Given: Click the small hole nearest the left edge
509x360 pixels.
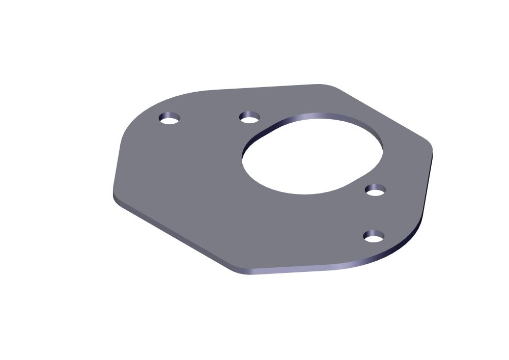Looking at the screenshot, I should tap(169, 119).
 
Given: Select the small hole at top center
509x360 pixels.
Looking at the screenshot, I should tap(249, 118).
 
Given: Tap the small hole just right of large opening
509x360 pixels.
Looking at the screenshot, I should tap(375, 190).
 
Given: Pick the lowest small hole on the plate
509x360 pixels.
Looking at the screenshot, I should tap(374, 236).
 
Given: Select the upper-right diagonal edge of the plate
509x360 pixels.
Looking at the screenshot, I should tap(382, 115).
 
